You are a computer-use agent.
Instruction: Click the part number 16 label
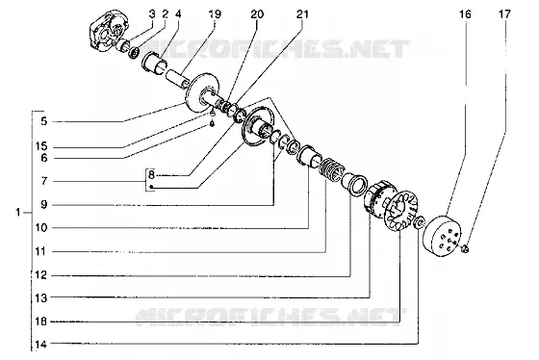pos(465,14)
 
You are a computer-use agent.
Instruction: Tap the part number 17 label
pos(504,14)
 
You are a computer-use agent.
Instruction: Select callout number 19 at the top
pos(215,14)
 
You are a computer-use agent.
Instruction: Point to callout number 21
pos(302,14)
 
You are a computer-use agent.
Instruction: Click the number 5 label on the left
pos(43,121)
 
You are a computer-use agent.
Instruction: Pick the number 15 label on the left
pos(41,146)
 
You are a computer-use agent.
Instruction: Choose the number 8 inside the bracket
pos(151,175)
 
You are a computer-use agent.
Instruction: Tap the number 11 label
pos(40,251)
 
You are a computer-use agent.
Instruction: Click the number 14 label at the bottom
pos(40,345)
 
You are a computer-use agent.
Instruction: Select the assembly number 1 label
pos(18,212)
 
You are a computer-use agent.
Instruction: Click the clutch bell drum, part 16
pos(442,236)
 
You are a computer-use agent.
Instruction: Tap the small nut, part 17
pos(465,248)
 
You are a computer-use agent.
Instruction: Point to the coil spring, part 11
pos(329,169)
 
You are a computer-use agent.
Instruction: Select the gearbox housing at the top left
pos(108,31)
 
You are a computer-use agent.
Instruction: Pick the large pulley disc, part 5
pos(203,92)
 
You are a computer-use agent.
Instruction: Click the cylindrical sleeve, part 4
pos(154,64)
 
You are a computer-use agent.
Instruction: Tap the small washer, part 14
pos(420,222)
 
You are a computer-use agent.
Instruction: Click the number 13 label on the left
pos(41,297)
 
